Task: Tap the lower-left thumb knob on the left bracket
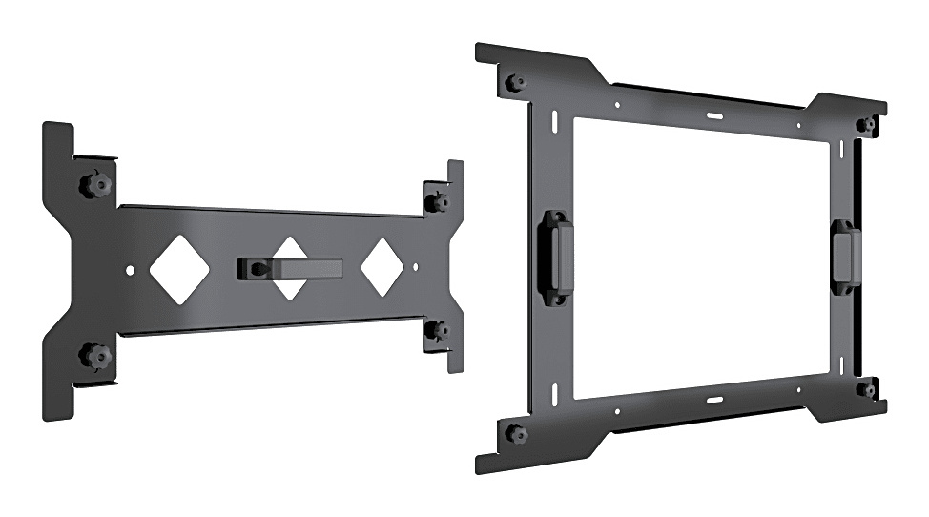95,356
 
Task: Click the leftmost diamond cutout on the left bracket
179,269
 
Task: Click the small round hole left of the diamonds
131,271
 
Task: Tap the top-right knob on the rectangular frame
867,124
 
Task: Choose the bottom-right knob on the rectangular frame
867,389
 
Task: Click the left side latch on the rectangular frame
556,257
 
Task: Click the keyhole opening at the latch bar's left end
251,269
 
